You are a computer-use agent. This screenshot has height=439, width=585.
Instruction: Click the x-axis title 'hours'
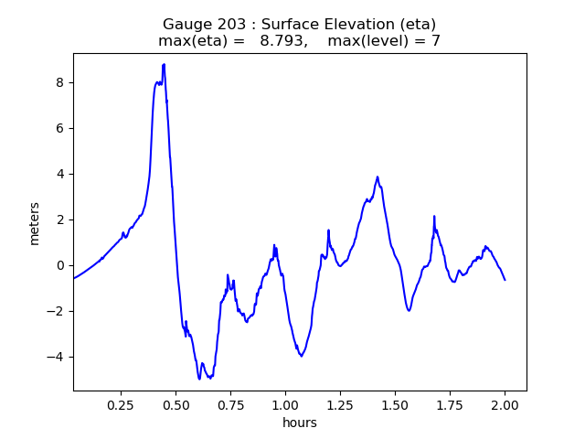(x=300, y=423)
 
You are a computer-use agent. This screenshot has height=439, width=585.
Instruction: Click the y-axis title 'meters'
(x=35, y=223)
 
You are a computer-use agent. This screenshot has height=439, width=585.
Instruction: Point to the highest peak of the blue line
(x=164, y=65)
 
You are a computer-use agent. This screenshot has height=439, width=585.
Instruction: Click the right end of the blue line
(x=505, y=280)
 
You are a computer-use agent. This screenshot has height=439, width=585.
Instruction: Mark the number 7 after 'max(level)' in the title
(x=436, y=41)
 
